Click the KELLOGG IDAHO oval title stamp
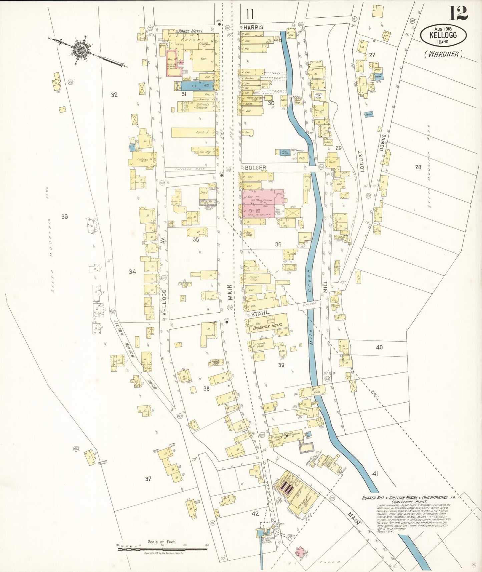tap(443, 35)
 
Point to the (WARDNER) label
tap(443, 54)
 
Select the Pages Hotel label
tap(190, 31)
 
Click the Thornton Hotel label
tap(267, 325)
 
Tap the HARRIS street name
tap(253, 27)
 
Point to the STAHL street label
tap(260, 314)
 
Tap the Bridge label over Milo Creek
tap(309, 304)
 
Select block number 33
tap(64, 217)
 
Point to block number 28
tap(418, 167)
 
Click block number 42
tap(255, 514)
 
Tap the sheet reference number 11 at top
tap(250, 14)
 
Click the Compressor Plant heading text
tap(409, 502)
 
